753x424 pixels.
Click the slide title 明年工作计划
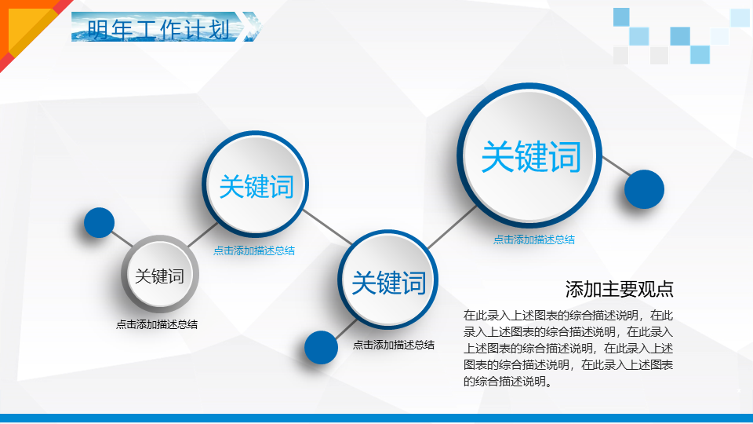(159, 29)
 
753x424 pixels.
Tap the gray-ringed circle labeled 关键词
(160, 275)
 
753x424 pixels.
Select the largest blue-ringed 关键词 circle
(529, 155)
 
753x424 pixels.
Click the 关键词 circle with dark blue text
(388, 280)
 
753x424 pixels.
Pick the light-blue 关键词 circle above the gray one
(256, 184)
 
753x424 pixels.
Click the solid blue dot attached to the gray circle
(99, 222)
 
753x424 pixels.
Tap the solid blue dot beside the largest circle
(644, 189)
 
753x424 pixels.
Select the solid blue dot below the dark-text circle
(321, 347)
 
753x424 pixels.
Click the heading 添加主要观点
(620, 289)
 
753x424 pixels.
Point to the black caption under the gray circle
(157, 324)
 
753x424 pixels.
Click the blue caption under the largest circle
(534, 239)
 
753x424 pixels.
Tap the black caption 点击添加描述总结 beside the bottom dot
(394, 345)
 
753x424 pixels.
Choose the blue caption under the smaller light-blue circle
(254, 250)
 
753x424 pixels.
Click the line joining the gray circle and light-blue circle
(202, 236)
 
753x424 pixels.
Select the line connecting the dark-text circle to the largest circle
(452, 228)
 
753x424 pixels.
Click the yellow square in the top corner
(28, 30)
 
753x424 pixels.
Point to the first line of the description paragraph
(568, 316)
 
